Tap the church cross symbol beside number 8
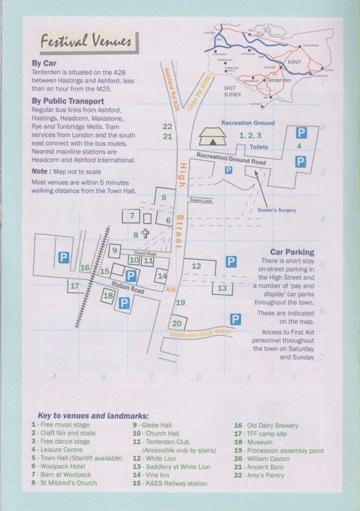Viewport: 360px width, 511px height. tap(146, 234)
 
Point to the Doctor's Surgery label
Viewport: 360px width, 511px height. tap(277, 210)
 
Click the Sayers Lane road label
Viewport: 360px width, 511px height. tap(201, 201)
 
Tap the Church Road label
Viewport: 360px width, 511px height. tap(144, 254)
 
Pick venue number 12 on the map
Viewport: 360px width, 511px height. tap(196, 266)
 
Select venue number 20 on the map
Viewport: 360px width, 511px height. tap(177, 323)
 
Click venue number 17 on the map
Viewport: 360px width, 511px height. tap(74, 286)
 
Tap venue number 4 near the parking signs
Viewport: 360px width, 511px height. tap(299, 146)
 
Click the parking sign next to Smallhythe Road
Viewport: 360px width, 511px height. tap(235, 319)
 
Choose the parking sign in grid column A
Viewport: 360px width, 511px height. tap(63, 257)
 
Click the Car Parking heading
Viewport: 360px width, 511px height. tap(292, 253)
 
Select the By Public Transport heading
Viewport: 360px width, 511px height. tap(67, 101)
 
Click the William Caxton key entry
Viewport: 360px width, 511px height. tap(265, 459)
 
